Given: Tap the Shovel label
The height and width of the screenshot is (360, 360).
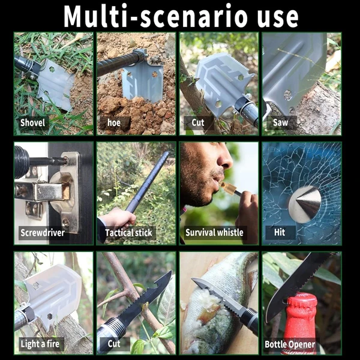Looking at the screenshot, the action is tap(32, 122).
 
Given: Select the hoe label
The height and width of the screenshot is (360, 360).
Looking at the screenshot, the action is tap(114, 123).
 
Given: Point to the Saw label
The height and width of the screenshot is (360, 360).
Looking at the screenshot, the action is tap(280, 122).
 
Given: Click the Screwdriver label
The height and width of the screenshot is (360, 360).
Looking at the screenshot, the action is tap(43, 233).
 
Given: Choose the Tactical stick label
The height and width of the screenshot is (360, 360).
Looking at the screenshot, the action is tap(128, 233).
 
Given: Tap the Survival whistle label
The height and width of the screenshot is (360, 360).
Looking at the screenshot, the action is tap(214, 232).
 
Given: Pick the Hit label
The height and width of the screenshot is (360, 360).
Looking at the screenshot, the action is tap(280, 232).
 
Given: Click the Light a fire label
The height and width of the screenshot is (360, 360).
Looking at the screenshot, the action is tap(40, 344).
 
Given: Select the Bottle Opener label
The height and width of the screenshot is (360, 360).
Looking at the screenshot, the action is tap(290, 344).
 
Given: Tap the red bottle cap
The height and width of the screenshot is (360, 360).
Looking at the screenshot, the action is tap(302, 300).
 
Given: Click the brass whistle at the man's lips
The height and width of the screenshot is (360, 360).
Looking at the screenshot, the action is tap(228, 187).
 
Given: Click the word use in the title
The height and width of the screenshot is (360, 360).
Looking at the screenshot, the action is tap(278, 18).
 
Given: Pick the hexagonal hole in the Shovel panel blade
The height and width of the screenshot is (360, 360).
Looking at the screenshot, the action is tap(52, 69).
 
